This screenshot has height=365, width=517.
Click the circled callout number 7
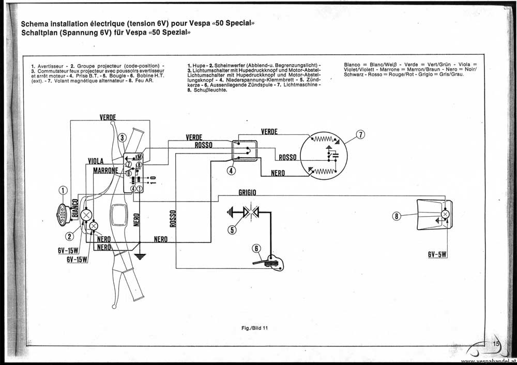pos(361,134)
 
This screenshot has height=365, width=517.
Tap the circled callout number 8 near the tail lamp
pos(397,216)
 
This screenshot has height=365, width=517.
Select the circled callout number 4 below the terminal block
pos(232,171)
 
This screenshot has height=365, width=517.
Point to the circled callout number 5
pos(232,230)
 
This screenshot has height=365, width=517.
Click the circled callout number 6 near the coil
pos(256,248)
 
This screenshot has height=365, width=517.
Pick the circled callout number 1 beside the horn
pos(63,190)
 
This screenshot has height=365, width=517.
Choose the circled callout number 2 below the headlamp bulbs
pos(70,236)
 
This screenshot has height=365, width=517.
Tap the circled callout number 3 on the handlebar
pos(123,138)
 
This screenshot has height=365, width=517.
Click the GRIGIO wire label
pos(247,192)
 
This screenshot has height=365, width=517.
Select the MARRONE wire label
pos(105,171)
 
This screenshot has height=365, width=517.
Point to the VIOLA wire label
pos(96,161)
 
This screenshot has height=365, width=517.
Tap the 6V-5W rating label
pos(437,254)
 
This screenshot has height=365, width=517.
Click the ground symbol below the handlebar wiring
pos(140,256)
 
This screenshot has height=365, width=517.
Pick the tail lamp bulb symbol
pos(445,214)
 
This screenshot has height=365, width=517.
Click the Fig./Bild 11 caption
pos(254,328)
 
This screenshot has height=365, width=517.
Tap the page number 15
pos(496,344)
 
